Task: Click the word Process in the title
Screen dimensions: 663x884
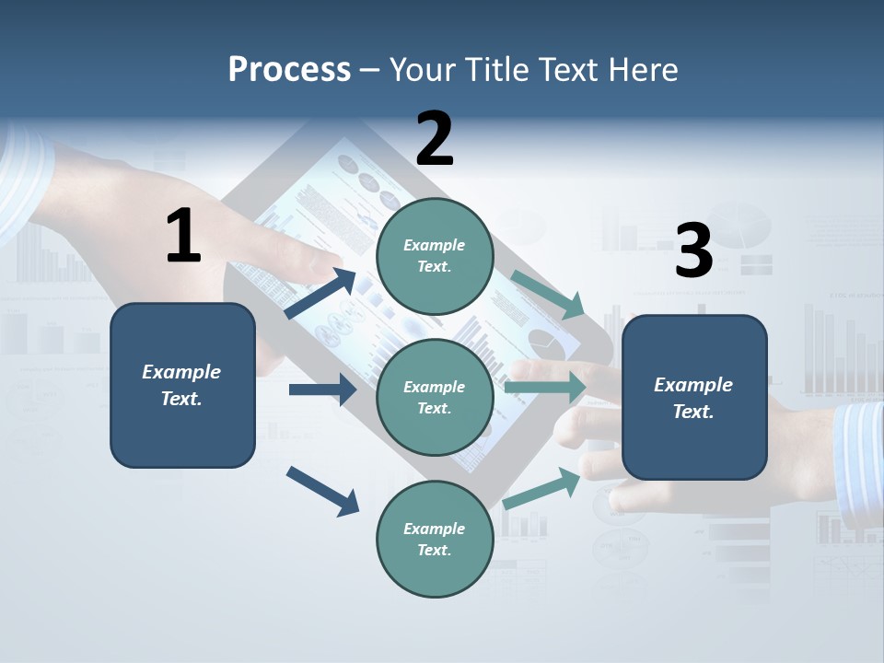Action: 289,69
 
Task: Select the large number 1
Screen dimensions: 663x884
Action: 183,237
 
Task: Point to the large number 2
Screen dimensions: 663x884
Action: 435,139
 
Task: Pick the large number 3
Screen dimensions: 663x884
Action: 693,251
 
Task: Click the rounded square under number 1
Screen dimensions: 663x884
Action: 182,385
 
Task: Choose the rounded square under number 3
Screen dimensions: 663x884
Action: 694,398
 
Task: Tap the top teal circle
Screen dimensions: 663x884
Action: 435,256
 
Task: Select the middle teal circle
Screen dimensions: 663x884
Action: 435,397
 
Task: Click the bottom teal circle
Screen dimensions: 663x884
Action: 435,539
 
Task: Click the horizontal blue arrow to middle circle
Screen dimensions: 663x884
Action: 322,390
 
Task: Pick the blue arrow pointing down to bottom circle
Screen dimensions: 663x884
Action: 322,491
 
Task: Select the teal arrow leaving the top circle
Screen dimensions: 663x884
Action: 549,294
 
